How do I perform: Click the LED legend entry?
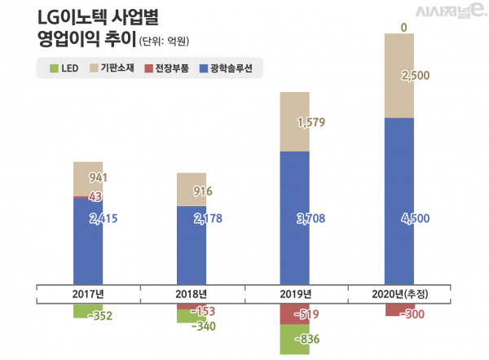(64, 68)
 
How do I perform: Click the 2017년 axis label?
(88, 293)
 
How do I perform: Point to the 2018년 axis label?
(192, 293)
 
